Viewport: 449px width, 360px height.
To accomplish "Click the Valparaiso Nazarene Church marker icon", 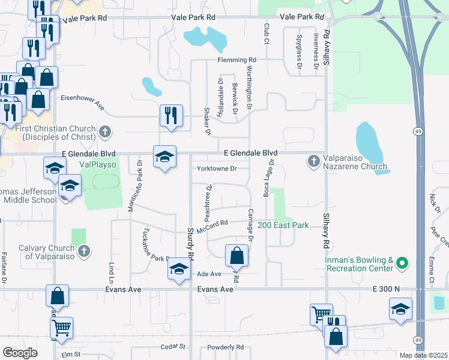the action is pos(313,161).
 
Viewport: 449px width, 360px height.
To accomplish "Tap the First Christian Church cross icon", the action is pos(105,131).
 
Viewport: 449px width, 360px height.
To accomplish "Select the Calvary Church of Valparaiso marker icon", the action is pos(84,251).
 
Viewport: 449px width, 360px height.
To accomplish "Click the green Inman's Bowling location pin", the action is pos(403,263).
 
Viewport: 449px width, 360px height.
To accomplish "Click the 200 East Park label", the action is pos(283,225).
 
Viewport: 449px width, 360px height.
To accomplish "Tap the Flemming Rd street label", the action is pos(237,60).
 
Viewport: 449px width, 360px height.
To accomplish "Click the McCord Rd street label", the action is pos(215,223).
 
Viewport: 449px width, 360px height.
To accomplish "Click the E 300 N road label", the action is pos(386,289).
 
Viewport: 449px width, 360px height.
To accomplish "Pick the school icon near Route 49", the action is pos(400,309).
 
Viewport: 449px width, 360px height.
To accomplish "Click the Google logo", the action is pos(20,352).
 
